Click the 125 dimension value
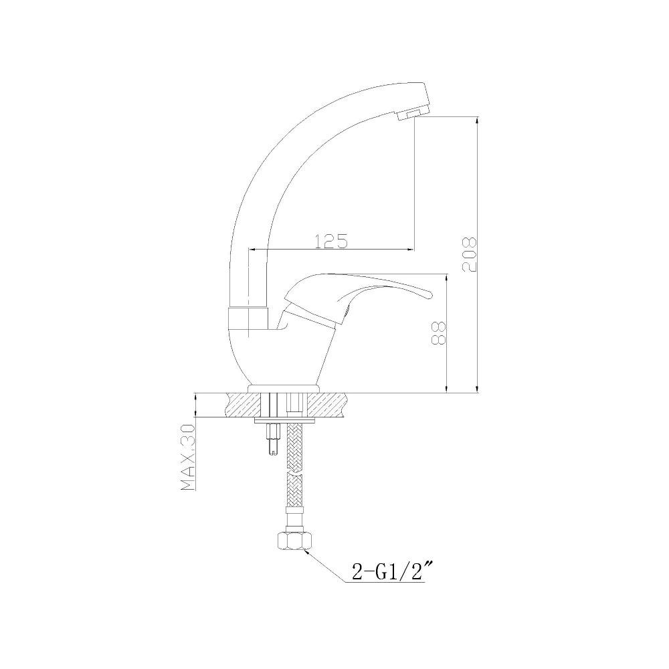331,241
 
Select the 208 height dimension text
470,254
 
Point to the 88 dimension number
439,333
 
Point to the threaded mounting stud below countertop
273,440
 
